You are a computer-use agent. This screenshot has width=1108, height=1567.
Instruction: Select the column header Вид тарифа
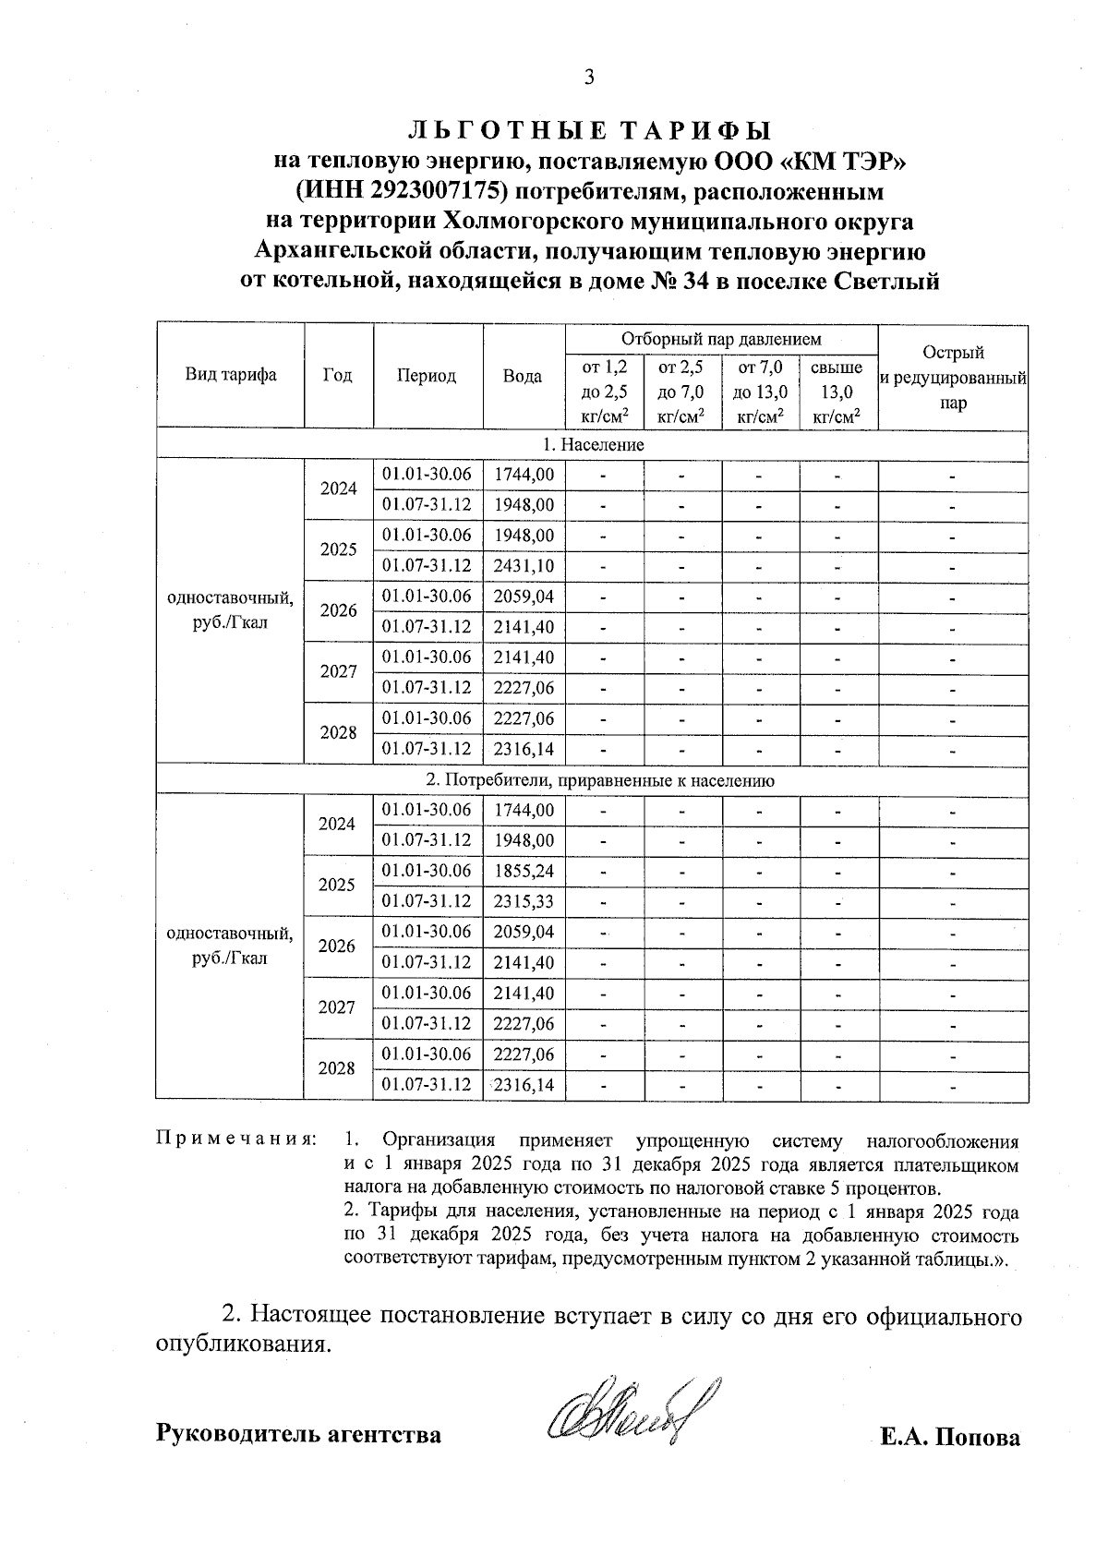click(x=231, y=375)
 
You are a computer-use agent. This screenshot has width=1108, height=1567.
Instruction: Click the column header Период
click(x=427, y=375)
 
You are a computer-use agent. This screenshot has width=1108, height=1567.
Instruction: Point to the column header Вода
click(x=523, y=375)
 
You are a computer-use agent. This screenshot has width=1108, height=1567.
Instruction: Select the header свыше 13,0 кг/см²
click(x=837, y=392)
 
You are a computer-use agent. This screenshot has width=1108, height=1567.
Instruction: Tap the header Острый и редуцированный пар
click(x=953, y=377)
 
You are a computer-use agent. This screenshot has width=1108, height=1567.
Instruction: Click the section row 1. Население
click(x=592, y=445)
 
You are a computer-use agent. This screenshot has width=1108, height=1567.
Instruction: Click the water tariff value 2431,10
click(x=524, y=565)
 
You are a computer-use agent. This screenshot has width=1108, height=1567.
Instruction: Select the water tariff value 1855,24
click(x=524, y=871)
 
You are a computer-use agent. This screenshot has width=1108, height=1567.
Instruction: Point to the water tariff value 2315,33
click(x=524, y=901)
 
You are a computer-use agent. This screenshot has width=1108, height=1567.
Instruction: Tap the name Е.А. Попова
click(x=950, y=1438)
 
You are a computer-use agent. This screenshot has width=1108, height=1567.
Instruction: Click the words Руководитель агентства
click(x=298, y=1435)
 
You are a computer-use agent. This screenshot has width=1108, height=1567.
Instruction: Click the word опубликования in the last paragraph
click(x=242, y=1343)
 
